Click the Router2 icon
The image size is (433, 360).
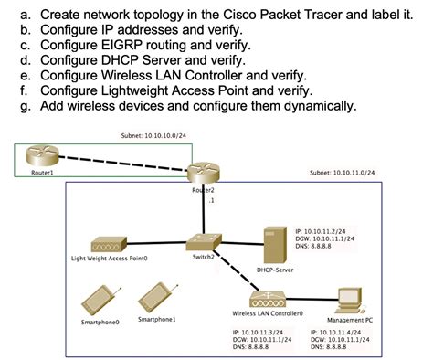point(202,172)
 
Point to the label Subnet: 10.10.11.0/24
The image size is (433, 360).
point(342,172)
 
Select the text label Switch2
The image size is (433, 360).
point(203,257)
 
